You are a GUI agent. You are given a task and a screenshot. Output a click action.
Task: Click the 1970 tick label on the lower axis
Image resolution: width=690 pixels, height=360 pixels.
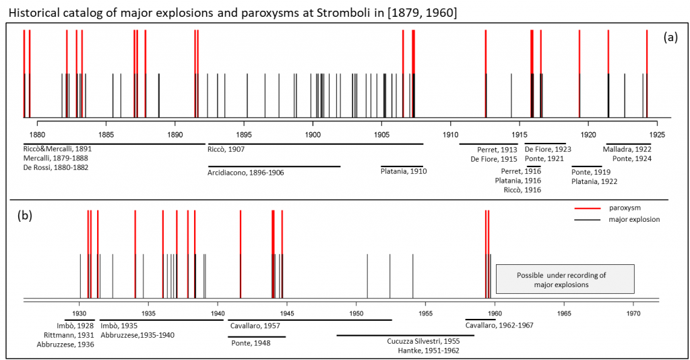(633, 313)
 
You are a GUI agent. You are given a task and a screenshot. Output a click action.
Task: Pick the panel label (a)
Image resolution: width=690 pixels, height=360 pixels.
(670, 37)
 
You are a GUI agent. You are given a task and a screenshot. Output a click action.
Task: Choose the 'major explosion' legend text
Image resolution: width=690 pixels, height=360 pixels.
(634, 219)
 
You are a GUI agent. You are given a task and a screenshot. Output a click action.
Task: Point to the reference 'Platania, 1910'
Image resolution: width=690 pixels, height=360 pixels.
(404, 171)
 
